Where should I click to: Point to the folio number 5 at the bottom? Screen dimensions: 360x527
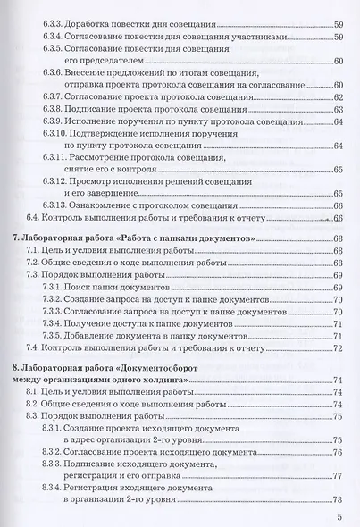coord(340,517)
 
